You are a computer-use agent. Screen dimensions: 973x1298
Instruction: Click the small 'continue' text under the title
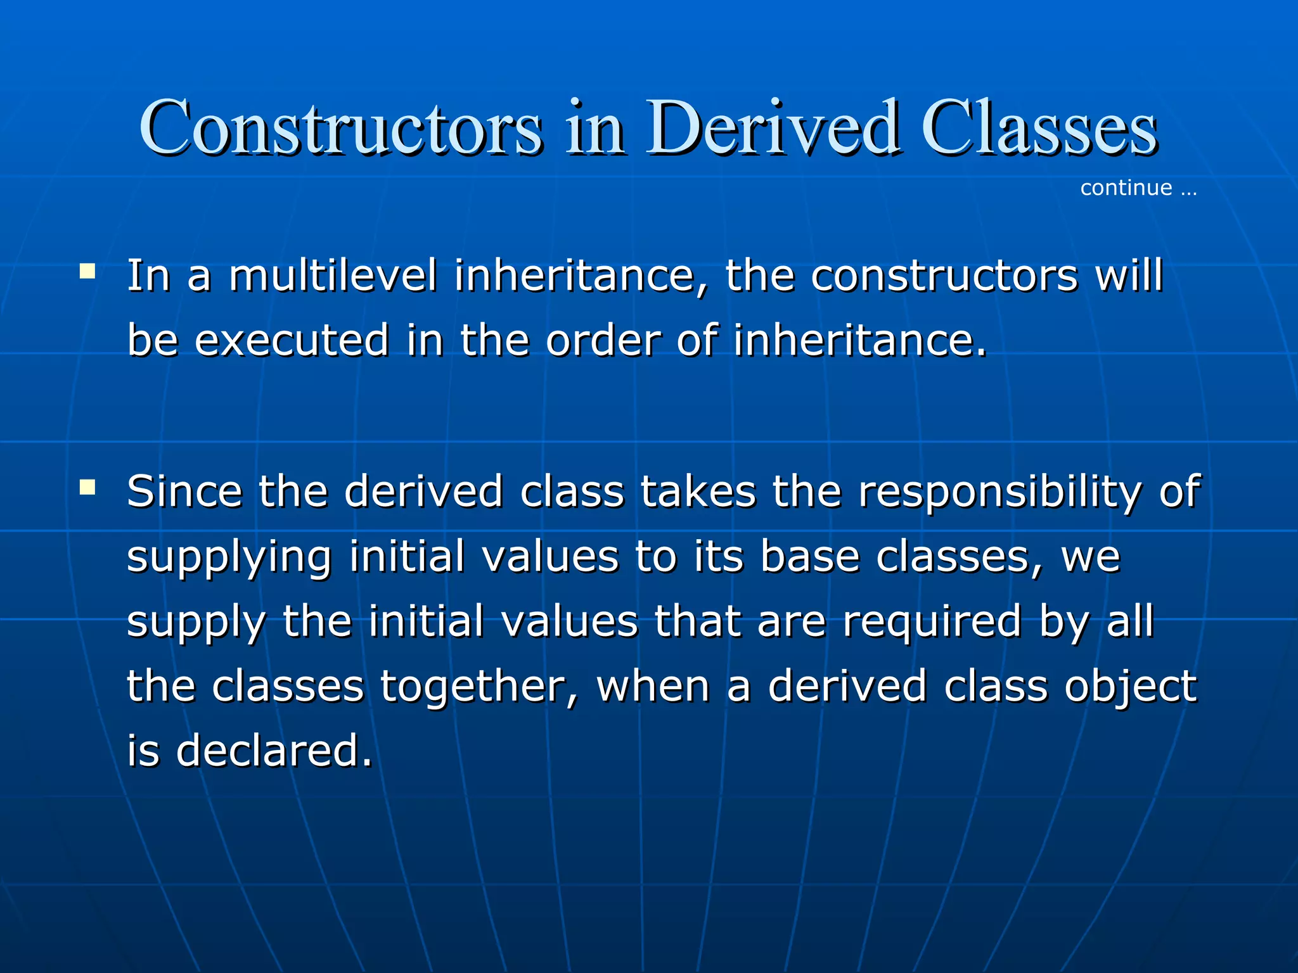1126,188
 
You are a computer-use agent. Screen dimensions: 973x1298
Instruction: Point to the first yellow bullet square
87,272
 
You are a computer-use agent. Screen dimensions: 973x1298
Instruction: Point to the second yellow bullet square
87,487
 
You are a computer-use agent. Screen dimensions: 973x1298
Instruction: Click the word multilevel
333,276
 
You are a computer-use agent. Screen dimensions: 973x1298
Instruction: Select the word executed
291,341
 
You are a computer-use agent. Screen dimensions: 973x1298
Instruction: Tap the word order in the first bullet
603,341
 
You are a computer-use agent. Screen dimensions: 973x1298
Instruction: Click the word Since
184,492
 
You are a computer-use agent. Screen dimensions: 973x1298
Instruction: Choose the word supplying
229,557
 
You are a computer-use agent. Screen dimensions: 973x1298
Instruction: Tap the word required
931,622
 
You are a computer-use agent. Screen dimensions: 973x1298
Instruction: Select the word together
479,687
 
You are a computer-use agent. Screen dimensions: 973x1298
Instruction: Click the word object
1130,688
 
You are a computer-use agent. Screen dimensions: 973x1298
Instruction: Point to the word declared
274,751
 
